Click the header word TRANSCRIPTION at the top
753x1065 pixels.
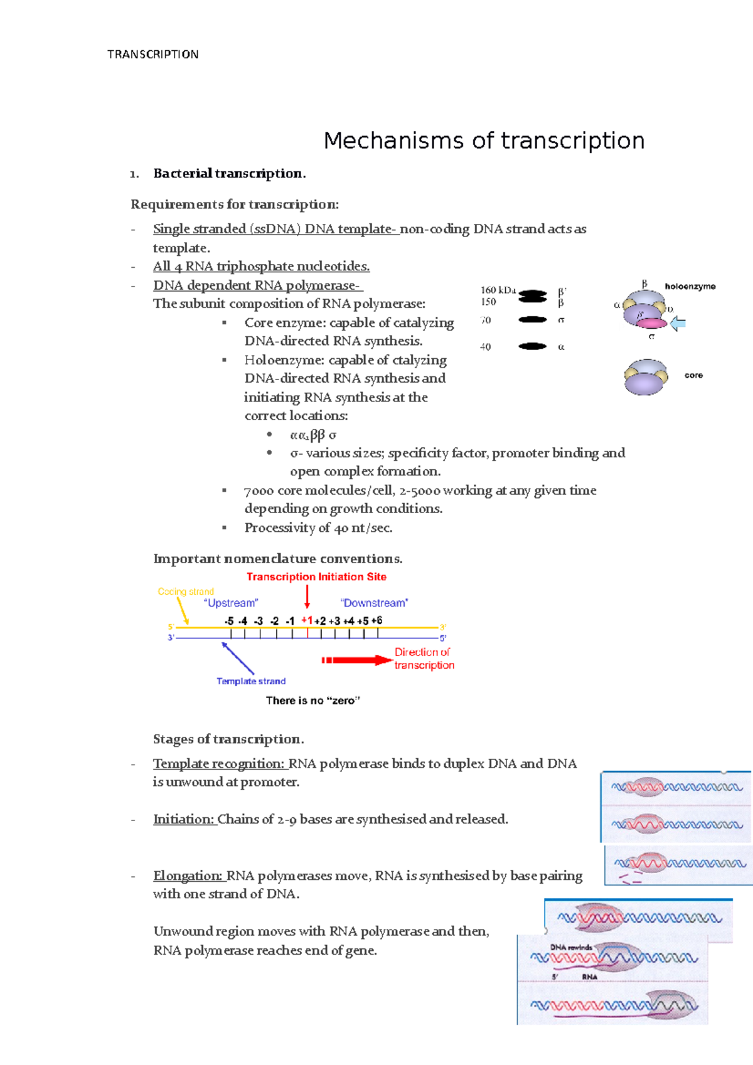[152, 55]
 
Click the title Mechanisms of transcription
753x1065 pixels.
[484, 140]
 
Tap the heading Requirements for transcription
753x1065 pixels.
[234, 204]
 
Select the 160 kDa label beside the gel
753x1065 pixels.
[498, 290]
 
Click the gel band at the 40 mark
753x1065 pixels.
[533, 346]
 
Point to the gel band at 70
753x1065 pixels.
[533, 320]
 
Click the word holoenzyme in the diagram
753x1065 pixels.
[690, 287]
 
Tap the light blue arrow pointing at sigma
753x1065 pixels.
[678, 324]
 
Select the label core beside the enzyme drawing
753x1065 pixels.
[693, 376]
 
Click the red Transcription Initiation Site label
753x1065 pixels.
[316, 577]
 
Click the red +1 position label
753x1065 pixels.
[307, 620]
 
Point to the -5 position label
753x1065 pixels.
[229, 621]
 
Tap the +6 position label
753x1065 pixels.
[376, 620]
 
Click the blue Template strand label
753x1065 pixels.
[251, 681]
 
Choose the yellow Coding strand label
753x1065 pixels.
[186, 591]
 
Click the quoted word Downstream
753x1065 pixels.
[374, 603]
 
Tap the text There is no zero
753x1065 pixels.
[312, 701]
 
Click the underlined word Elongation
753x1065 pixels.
[188, 876]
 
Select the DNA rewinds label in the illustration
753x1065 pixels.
[571, 947]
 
